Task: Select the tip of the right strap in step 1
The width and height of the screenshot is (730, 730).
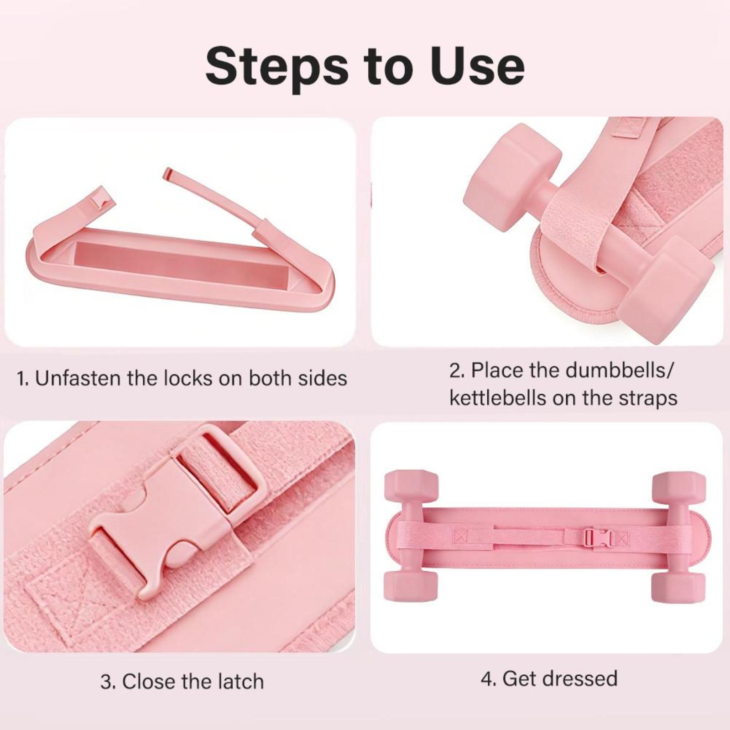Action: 168,173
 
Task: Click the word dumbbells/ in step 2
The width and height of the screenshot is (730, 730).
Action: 619,370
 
